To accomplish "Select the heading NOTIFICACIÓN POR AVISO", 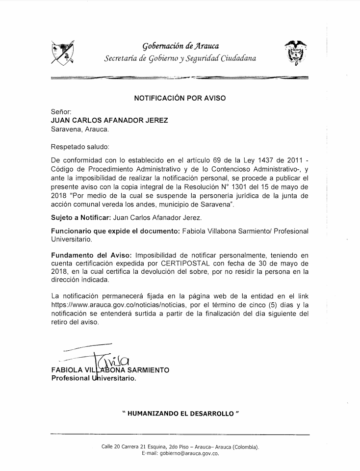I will point(180,98).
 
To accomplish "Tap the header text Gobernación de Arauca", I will point(180,46).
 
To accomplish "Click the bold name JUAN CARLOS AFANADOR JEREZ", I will point(109,121).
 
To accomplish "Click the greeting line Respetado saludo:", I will point(80,146).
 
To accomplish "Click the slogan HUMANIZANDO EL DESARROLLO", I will point(180,414).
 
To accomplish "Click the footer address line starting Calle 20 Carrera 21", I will point(180,447).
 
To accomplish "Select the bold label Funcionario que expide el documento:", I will point(115,231).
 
